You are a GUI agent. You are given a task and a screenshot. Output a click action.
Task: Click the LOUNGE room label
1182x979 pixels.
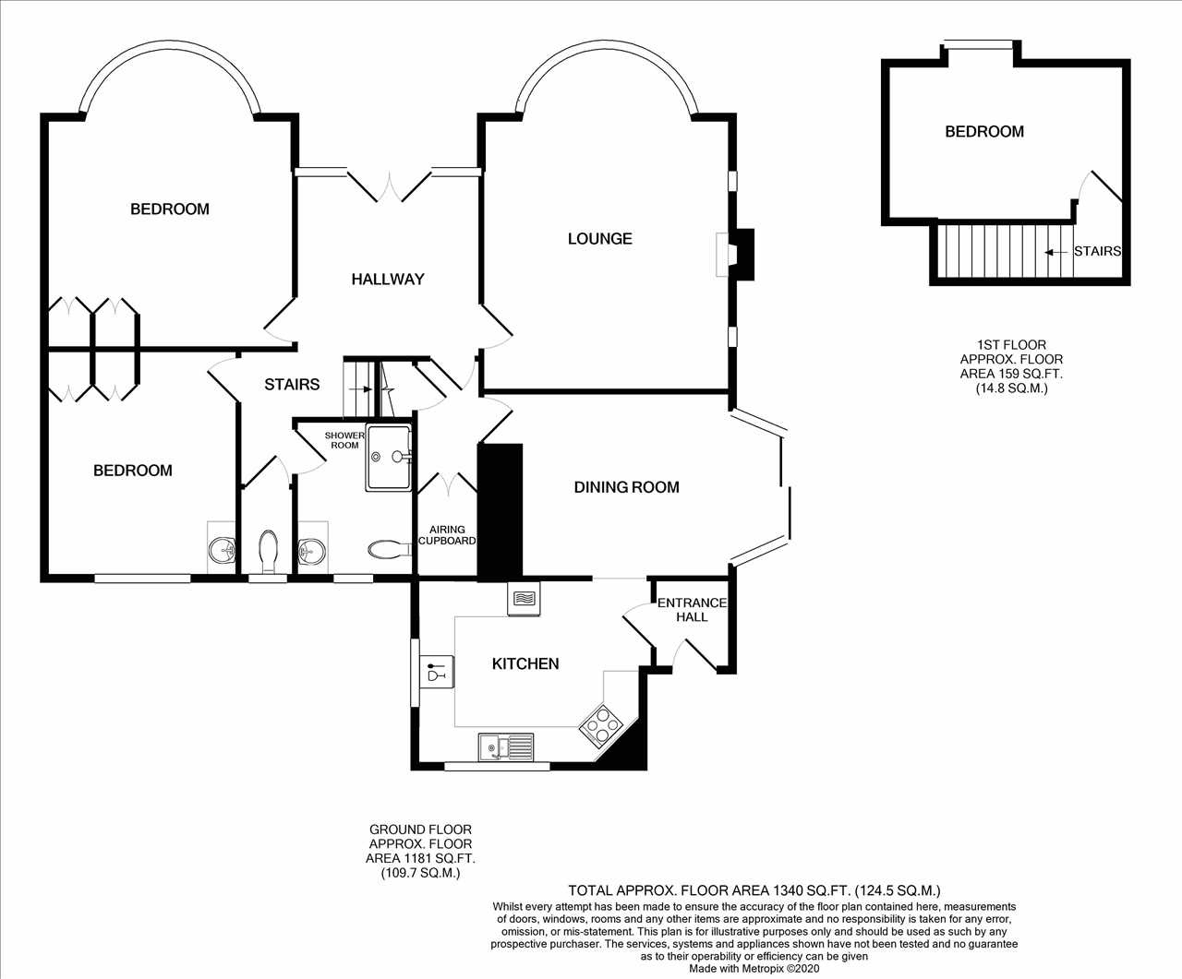click(x=600, y=239)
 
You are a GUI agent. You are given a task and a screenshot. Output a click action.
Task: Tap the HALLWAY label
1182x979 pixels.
click(x=388, y=280)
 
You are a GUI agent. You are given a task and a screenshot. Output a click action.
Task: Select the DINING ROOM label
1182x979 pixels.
click(x=627, y=487)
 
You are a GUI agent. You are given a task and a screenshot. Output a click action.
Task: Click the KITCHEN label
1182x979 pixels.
click(x=525, y=663)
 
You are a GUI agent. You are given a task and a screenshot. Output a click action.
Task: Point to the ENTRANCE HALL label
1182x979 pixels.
click(x=692, y=610)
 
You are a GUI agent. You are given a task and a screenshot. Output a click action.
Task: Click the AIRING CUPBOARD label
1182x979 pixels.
click(x=447, y=535)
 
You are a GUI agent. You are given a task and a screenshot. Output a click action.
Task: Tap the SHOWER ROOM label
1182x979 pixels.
click(x=344, y=440)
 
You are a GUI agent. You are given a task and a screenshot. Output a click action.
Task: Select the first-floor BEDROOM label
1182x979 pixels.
click(x=984, y=132)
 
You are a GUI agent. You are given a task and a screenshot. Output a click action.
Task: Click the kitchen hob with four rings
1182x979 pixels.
click(x=601, y=724)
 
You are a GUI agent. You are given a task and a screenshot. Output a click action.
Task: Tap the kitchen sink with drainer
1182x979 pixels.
click(x=506, y=747)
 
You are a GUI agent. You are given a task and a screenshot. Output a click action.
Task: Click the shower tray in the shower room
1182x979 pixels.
click(x=389, y=457)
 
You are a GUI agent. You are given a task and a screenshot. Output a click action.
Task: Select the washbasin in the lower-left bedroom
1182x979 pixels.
click(x=222, y=548)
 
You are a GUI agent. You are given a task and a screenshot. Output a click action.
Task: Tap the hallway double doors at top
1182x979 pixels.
click(x=390, y=185)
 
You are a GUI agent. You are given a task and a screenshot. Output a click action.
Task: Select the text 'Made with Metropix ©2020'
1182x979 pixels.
click(x=754, y=968)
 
